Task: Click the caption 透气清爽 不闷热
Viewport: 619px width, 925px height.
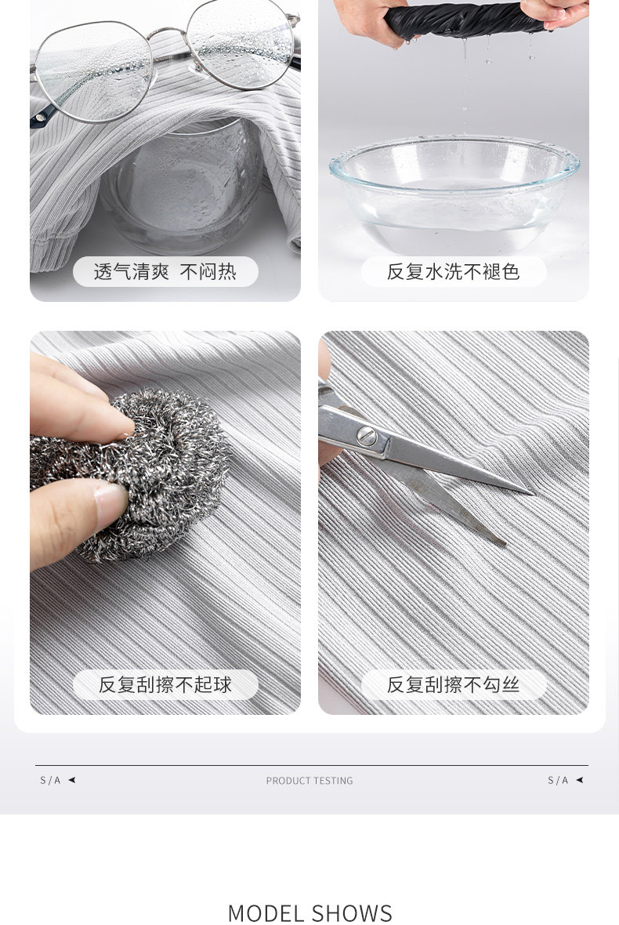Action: [x=165, y=272]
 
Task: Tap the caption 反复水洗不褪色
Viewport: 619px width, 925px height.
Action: [x=453, y=271]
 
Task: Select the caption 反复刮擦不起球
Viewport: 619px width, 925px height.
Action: [x=165, y=685]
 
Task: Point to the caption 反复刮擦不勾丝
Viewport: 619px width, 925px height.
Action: [x=453, y=684]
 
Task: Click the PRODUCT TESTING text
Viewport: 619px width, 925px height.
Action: [x=309, y=781]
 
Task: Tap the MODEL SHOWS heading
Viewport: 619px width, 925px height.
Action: [x=309, y=913]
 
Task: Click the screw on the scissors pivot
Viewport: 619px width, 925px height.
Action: [x=367, y=437]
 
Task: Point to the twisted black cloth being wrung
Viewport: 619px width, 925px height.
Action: [x=465, y=20]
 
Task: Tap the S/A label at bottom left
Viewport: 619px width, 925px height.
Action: [x=50, y=781]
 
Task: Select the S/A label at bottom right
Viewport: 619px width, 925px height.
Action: [x=558, y=781]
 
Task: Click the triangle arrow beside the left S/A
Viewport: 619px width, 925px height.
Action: [x=72, y=780]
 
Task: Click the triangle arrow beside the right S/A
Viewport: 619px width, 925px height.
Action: [x=580, y=780]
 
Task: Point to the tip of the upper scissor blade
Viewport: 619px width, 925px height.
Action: [x=532, y=492]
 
